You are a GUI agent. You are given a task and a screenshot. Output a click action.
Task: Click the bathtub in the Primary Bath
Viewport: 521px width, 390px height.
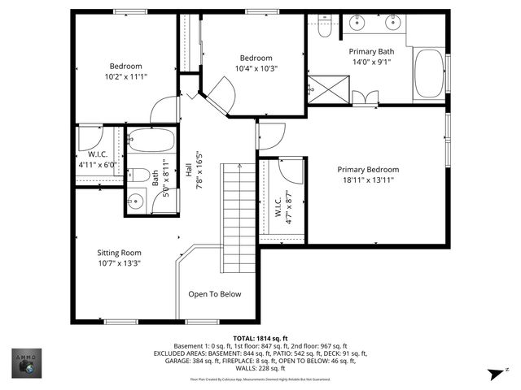tap(429, 73)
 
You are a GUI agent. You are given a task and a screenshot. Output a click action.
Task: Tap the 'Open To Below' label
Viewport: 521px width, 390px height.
tap(215, 294)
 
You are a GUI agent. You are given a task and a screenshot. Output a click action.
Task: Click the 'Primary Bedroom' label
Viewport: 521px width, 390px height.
tap(368, 170)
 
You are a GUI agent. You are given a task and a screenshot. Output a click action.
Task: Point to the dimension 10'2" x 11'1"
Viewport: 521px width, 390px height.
tap(126, 77)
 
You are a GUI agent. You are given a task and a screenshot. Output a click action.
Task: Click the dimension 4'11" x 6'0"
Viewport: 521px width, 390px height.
tap(98, 164)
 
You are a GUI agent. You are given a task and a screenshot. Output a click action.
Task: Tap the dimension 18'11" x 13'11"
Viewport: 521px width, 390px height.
tap(368, 180)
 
